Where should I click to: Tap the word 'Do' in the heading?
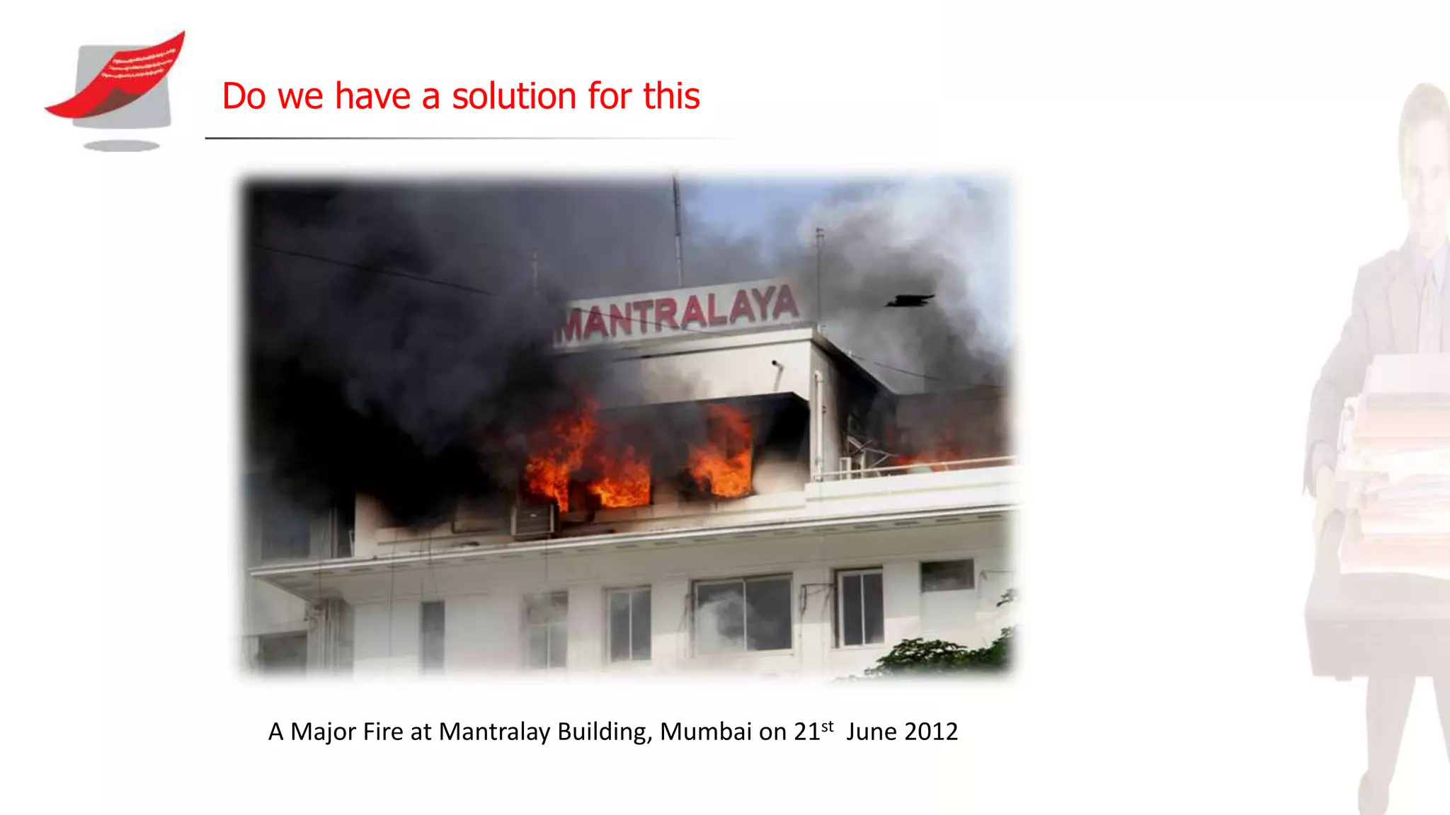[244, 96]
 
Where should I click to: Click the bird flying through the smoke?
[910, 301]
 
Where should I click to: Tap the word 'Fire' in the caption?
[383, 732]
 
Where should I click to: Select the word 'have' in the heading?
[372, 96]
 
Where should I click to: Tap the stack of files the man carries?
[1398, 460]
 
